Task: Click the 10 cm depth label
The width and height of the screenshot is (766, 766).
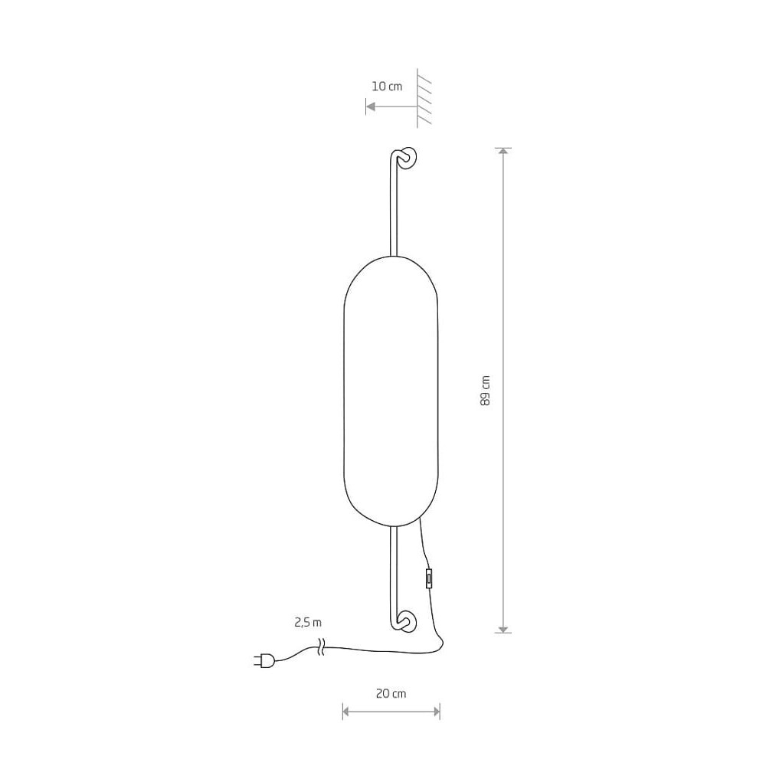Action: tap(387, 87)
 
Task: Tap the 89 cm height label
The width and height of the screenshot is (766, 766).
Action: tap(485, 391)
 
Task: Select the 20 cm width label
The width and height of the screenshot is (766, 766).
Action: tap(391, 693)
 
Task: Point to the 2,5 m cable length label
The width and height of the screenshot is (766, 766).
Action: tap(308, 622)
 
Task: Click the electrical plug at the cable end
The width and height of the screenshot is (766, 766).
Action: tap(264, 661)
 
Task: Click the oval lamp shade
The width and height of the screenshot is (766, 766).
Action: tap(391, 391)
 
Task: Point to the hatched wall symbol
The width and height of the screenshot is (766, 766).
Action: tap(424, 98)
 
